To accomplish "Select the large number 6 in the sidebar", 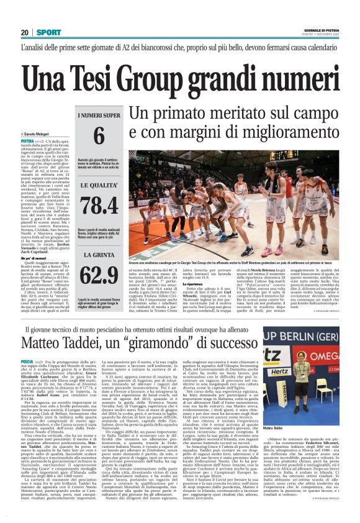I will pos(99,136).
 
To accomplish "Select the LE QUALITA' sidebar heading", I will pos(99,184).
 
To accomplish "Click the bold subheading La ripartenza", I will pos(195,284).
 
